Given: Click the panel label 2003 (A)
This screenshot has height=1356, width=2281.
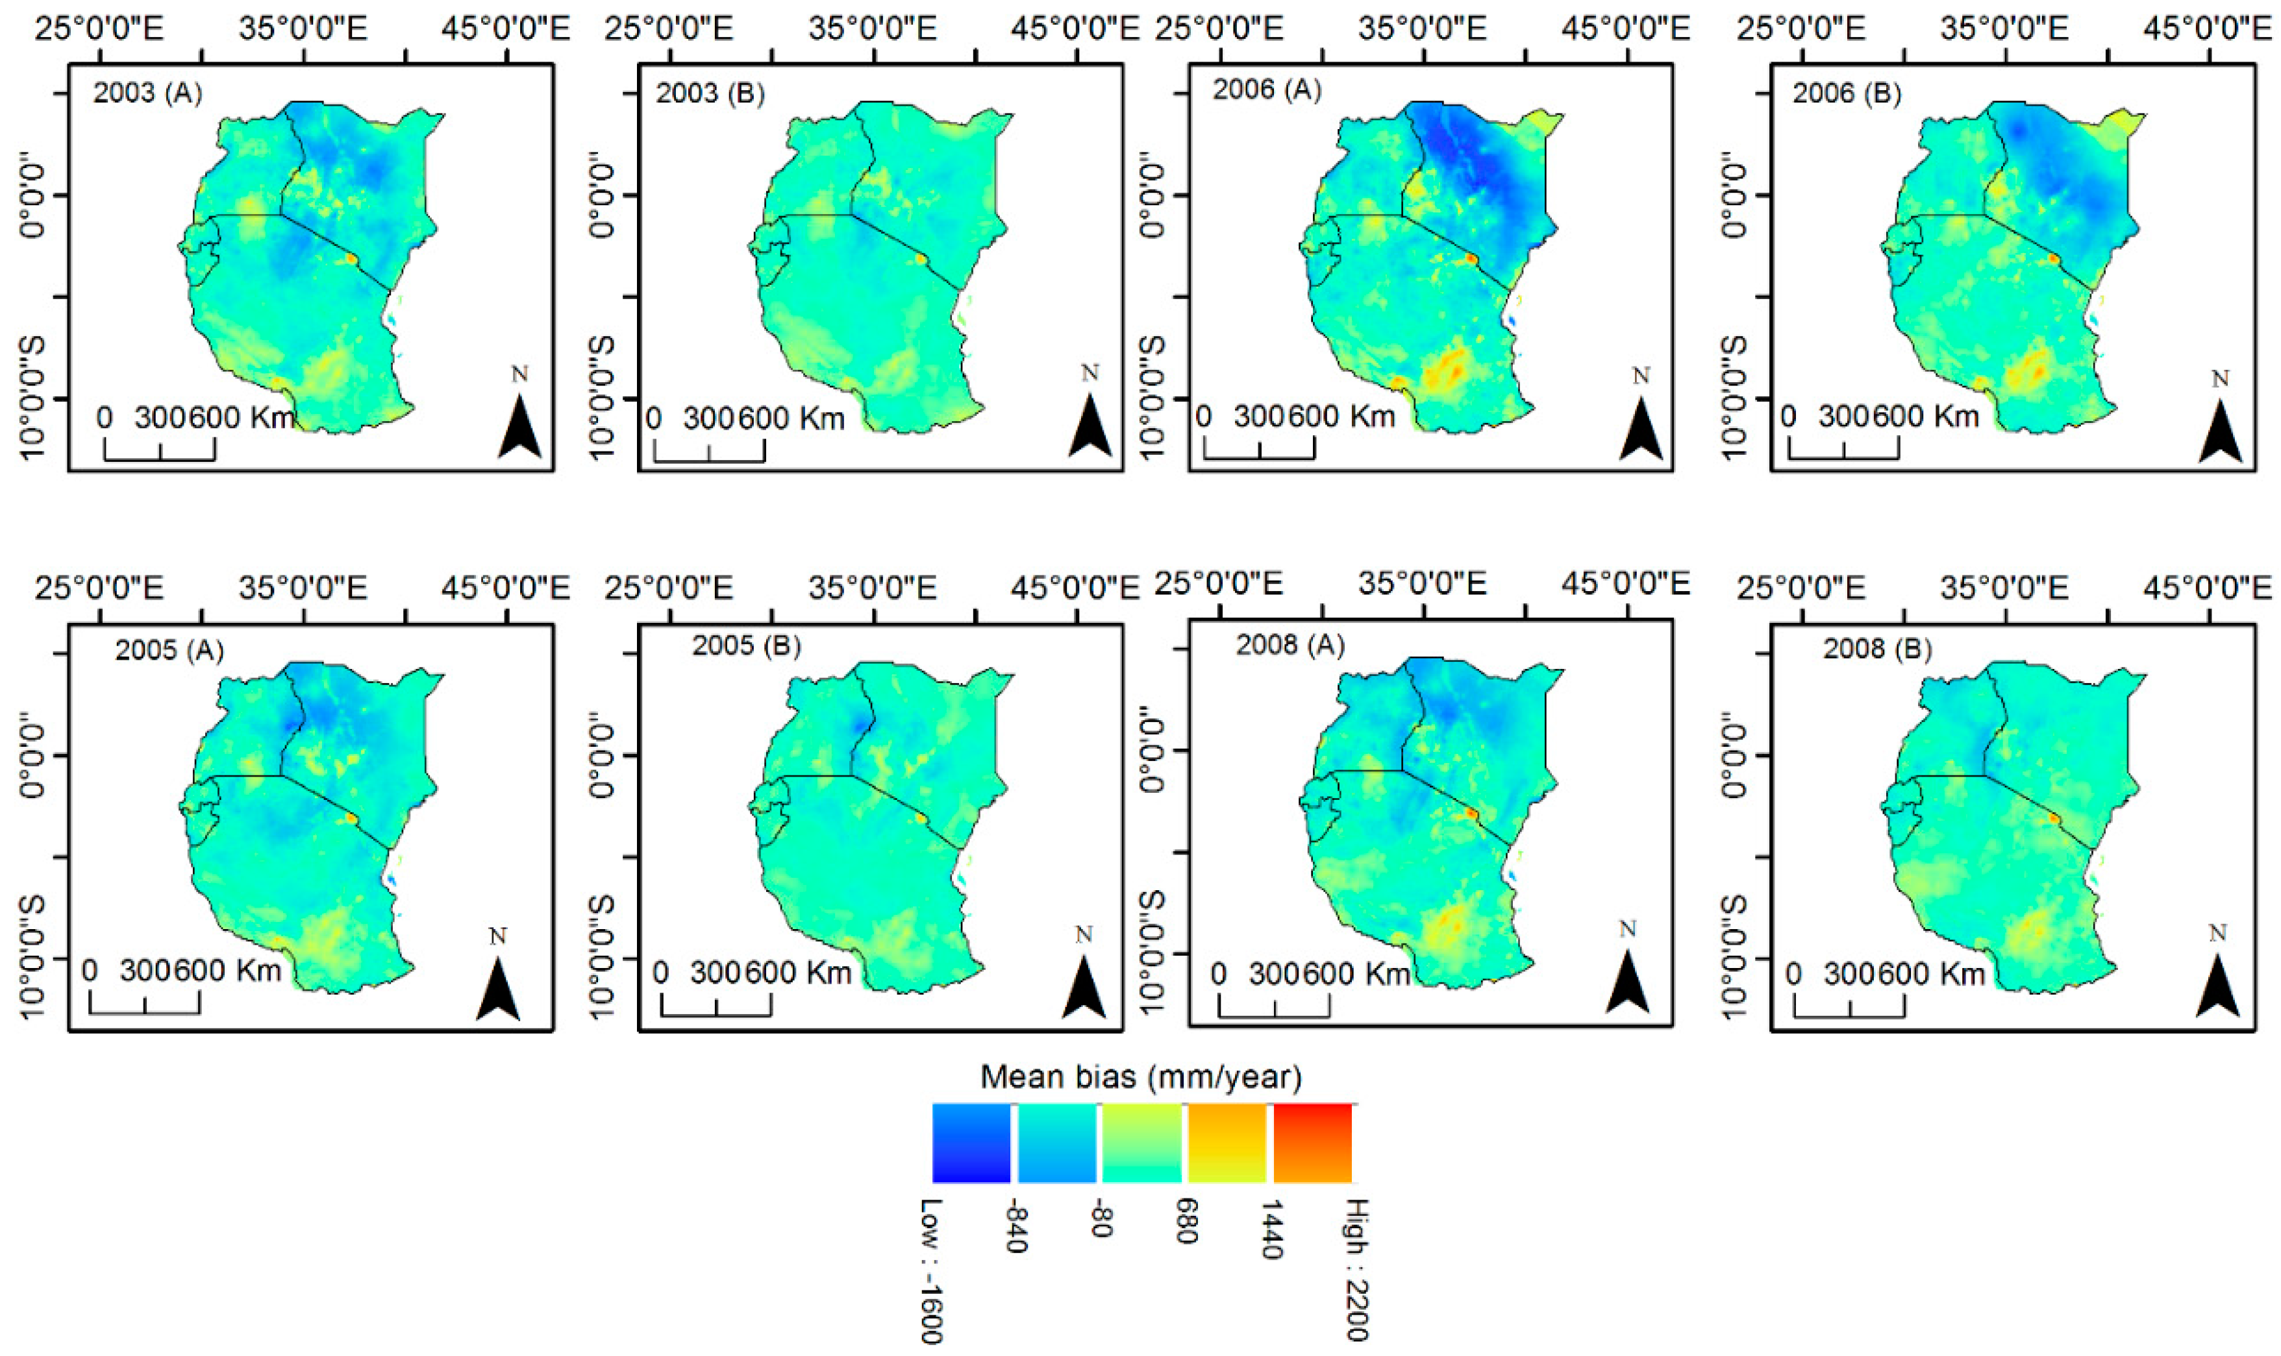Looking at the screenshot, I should [147, 93].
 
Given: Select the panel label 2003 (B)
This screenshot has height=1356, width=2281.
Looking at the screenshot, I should [710, 93].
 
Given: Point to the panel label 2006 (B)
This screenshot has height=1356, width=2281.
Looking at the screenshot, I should [1847, 93].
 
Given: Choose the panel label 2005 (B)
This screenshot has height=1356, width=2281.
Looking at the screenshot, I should [746, 646].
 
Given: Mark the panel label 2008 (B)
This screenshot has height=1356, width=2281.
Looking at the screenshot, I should [1878, 649].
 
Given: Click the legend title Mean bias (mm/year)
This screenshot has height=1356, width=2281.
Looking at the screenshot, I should [1141, 1077].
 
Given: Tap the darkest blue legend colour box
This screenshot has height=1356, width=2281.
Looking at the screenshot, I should [971, 1143].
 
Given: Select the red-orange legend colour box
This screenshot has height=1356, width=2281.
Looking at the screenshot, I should [1313, 1143].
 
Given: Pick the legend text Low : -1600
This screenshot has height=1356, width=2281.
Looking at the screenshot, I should [930, 1270].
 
